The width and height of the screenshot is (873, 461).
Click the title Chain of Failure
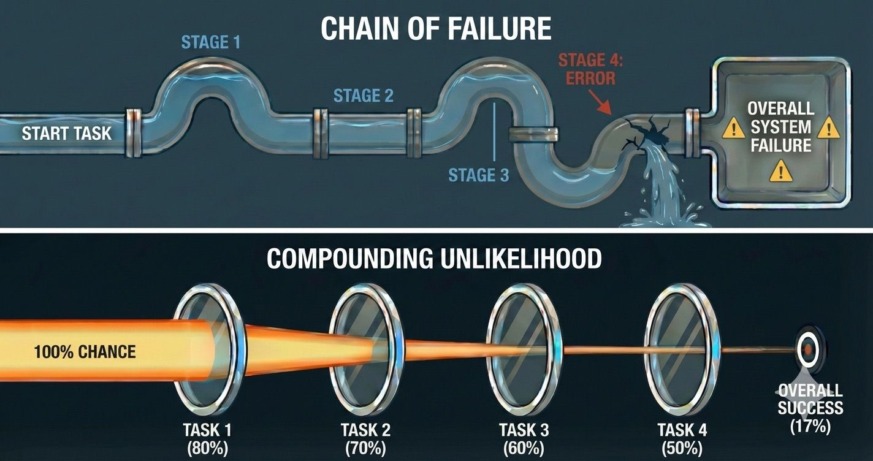[x=436, y=28]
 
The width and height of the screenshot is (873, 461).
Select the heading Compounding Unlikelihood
[x=434, y=259]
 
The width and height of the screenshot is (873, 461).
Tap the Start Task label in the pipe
[x=67, y=133]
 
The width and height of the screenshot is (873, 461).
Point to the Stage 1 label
[x=211, y=42]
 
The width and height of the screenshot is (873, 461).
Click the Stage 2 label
[x=364, y=96]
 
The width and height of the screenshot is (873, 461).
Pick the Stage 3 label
[x=479, y=175]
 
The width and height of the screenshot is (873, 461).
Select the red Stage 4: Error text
[x=586, y=69]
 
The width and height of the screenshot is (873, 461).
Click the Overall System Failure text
[x=780, y=128]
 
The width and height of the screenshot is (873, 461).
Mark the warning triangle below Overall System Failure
[x=780, y=171]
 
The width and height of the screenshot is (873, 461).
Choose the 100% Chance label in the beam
[x=85, y=352]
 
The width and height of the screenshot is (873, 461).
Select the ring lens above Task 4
[x=679, y=349]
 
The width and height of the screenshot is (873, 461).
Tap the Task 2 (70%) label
[x=365, y=438]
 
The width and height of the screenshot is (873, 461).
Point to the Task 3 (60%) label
[x=524, y=438]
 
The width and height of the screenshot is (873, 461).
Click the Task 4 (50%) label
[x=682, y=438]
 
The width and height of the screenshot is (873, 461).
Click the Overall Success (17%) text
[x=810, y=408]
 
